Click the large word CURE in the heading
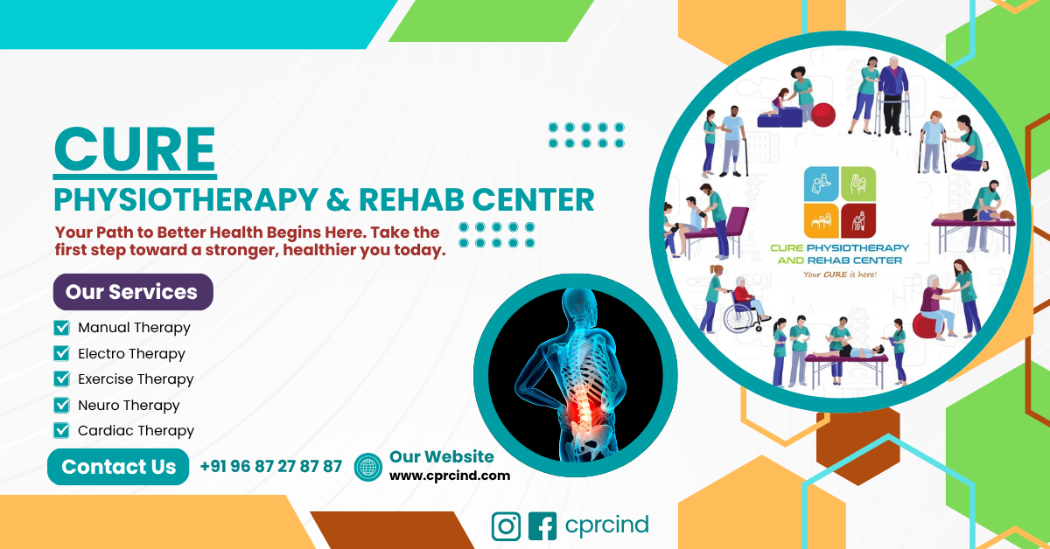135,149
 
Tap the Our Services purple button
133,292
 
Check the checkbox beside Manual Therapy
61,328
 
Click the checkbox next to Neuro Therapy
61,405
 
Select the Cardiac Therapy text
136,430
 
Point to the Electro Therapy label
131,354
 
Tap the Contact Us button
118,467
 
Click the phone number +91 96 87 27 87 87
271,467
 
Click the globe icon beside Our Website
368,467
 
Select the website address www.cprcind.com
450,476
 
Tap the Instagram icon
507,526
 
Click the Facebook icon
542,526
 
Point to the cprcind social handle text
607,525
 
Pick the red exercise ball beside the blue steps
823,115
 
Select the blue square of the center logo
822,184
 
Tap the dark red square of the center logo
858,221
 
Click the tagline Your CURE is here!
839,274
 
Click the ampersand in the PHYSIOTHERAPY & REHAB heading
338,200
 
